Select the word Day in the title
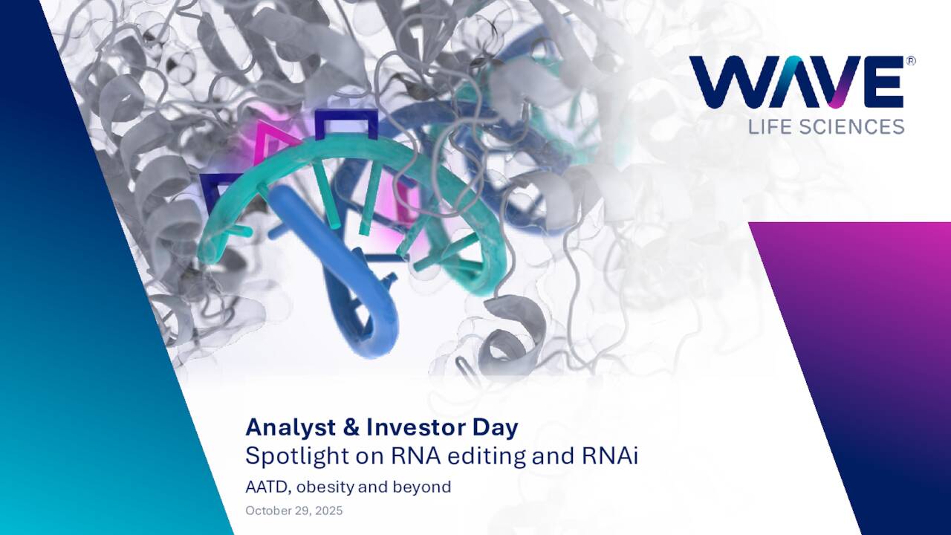[x=498, y=428]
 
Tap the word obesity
[x=327, y=487]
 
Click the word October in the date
[x=268, y=510]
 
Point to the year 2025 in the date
[x=329, y=510]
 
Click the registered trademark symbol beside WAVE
[x=910, y=61]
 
